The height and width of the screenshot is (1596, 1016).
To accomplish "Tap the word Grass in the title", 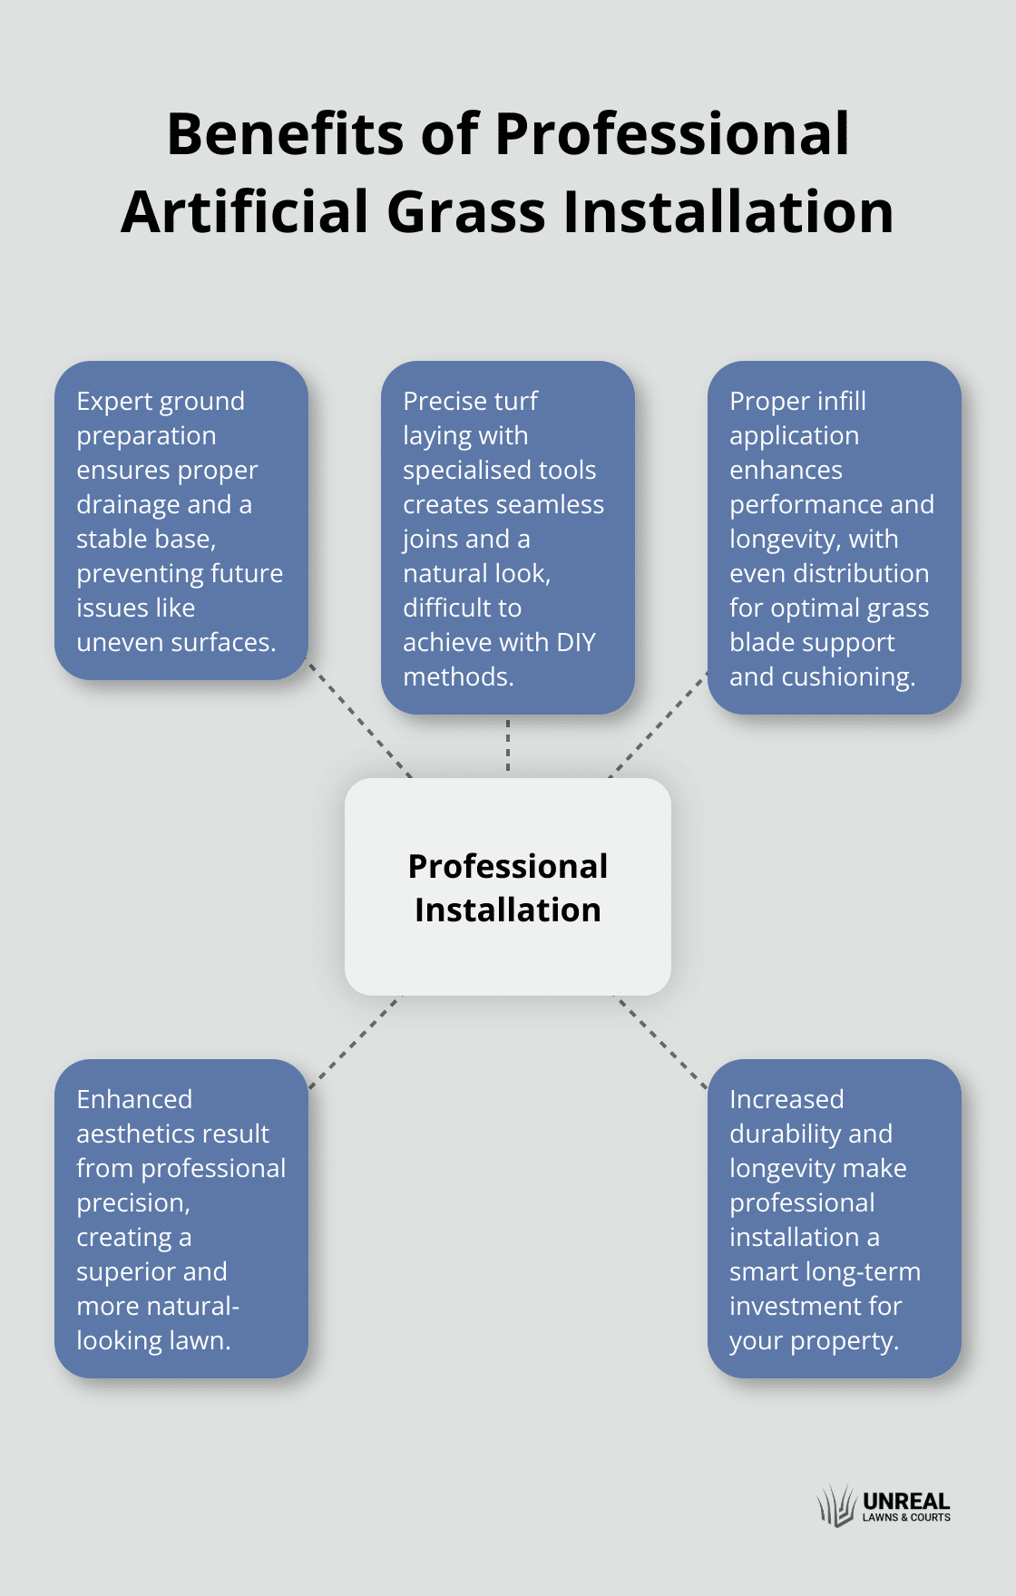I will pyautogui.click(x=465, y=212).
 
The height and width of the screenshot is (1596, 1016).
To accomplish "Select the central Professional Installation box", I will pyautogui.click(x=508, y=887).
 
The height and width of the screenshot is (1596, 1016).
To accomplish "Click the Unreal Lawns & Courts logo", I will pyautogui.click(x=884, y=1506).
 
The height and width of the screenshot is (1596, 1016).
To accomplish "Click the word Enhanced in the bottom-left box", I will pyautogui.click(x=134, y=1100).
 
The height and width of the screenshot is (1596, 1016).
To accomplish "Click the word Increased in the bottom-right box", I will pyautogui.click(x=786, y=1100).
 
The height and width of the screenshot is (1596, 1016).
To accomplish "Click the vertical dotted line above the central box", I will pyautogui.click(x=508, y=745).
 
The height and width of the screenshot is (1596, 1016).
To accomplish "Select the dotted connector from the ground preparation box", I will pyautogui.click(x=359, y=719).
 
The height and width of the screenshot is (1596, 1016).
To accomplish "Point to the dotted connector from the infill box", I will pyautogui.click(x=659, y=725).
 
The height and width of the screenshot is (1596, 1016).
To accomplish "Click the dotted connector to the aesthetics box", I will pyautogui.click(x=355, y=1042).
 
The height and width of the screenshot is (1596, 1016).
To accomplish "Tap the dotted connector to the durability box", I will pyautogui.click(x=661, y=1042).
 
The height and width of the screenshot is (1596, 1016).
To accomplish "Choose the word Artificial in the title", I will pyautogui.click(x=244, y=212).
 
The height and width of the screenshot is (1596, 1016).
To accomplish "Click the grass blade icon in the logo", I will pyautogui.click(x=836, y=1506).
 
